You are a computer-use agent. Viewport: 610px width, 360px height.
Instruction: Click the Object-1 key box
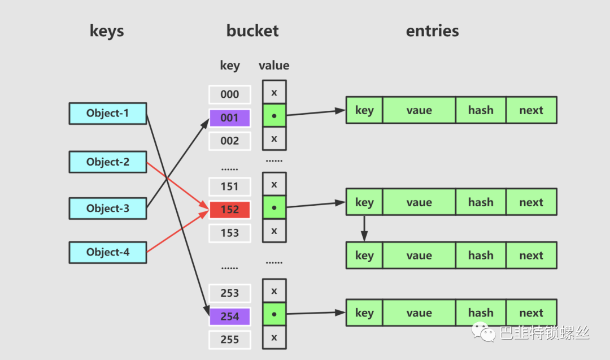pyautogui.click(x=108, y=113)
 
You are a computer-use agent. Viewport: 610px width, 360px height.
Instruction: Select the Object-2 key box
pyautogui.click(x=108, y=162)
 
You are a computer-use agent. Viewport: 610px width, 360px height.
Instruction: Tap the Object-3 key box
pyautogui.click(x=108, y=208)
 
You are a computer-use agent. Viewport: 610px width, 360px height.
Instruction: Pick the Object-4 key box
pyautogui.click(x=108, y=252)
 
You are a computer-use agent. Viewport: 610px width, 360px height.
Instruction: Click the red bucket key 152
pyautogui.click(x=229, y=209)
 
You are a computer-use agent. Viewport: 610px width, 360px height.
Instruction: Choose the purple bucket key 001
pyautogui.click(x=229, y=118)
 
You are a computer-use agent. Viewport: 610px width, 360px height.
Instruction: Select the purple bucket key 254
pyautogui.click(x=229, y=316)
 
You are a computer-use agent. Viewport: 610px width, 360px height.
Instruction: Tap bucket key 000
pyautogui.click(x=229, y=94)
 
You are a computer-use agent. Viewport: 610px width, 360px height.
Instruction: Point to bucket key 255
pyautogui.click(x=229, y=340)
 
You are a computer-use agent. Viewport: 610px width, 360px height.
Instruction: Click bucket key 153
pyautogui.click(x=229, y=233)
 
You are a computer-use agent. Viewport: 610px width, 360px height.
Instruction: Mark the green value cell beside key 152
pyautogui.click(x=274, y=207)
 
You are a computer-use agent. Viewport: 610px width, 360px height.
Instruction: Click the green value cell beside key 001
pyautogui.click(x=274, y=116)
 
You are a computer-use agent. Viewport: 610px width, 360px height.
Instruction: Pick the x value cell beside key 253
pyautogui.click(x=274, y=290)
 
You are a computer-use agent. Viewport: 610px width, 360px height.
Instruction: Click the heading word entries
pyautogui.click(x=432, y=31)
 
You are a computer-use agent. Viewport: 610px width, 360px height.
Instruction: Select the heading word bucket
pyautogui.click(x=252, y=31)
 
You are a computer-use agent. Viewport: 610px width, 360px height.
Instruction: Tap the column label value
pyautogui.click(x=274, y=66)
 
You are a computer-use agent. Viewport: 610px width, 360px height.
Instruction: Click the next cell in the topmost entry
pyautogui.click(x=531, y=110)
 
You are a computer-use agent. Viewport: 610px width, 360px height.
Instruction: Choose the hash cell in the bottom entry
pyautogui.click(x=481, y=313)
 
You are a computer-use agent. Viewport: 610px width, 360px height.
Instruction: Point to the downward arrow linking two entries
pyautogui.click(x=364, y=228)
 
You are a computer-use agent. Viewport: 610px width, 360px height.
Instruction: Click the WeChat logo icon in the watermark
pyautogui.click(x=483, y=332)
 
